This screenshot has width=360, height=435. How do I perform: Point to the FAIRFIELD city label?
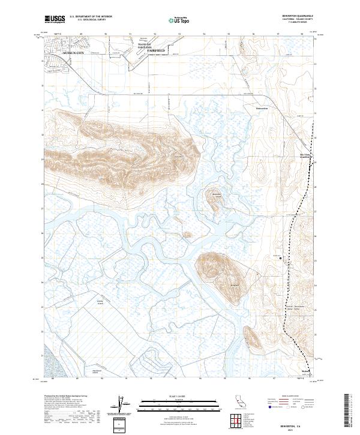point(157,52)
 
